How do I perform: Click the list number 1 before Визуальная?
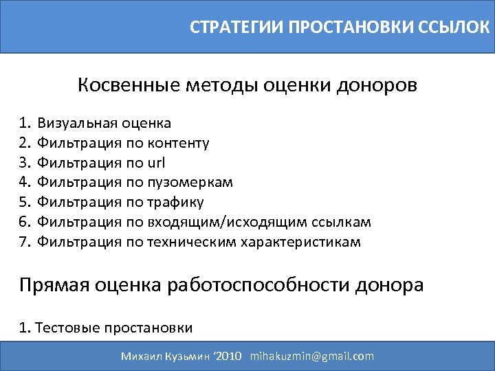point(25,124)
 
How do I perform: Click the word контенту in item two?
point(178,144)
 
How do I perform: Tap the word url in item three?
point(156,163)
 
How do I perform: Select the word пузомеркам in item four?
point(190,183)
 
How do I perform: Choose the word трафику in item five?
point(175,203)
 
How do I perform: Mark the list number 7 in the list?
point(25,242)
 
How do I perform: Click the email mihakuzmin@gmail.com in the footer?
point(312,356)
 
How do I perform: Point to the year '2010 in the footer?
point(228,356)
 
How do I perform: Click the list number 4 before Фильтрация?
point(25,183)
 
